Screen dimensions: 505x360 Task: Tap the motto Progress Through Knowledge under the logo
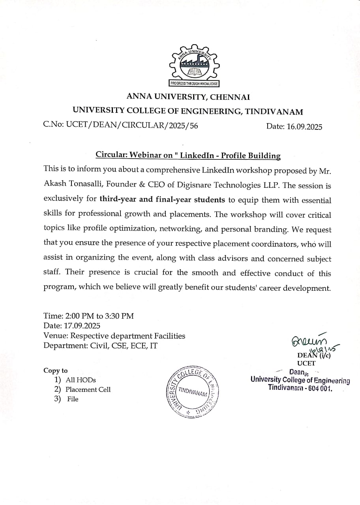pyautogui.click(x=193, y=83)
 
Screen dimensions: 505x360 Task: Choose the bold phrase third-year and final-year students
pyautogui.click(x=162, y=199)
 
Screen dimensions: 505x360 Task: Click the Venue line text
pyautogui.click(x=114, y=336)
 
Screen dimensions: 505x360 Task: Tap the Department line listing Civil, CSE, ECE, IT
pyautogui.click(x=101, y=346)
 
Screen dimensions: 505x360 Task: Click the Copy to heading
pyautogui.click(x=56, y=370)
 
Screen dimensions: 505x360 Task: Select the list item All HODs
pyautogui.click(x=81, y=380)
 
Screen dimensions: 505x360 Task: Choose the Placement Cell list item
pyautogui.click(x=88, y=389)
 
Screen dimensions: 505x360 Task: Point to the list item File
pyautogui.click(x=73, y=399)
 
